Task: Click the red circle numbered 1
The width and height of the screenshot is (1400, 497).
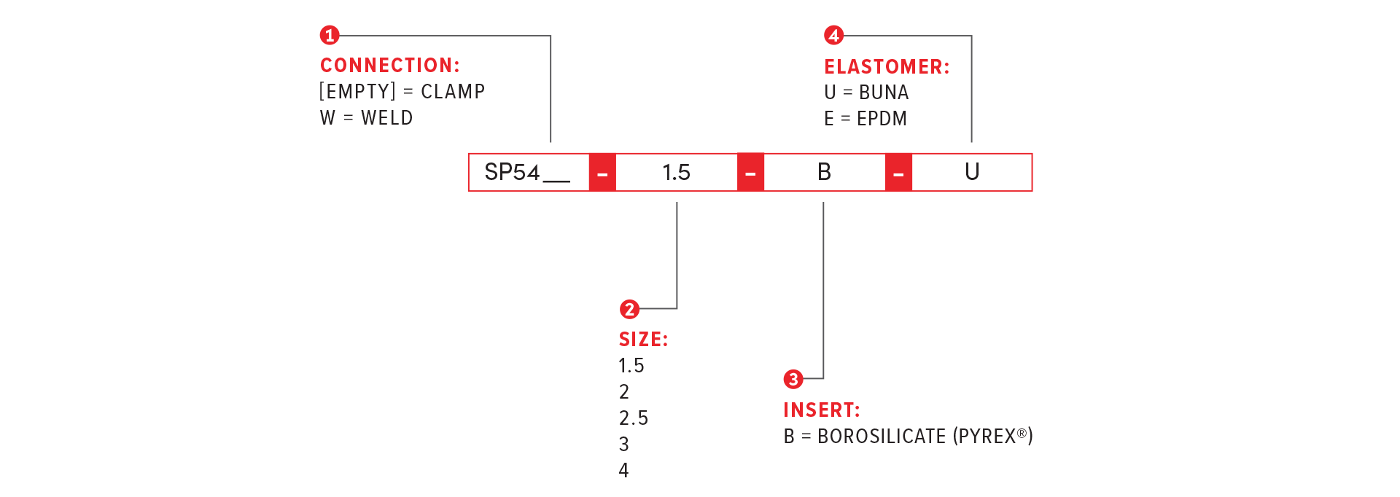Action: tap(330, 35)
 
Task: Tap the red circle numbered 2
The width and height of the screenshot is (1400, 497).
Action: tap(629, 309)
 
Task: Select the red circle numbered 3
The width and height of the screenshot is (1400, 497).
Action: tap(793, 379)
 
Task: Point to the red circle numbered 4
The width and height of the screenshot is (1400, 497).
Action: tap(833, 35)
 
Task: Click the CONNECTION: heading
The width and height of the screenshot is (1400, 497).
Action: tap(390, 66)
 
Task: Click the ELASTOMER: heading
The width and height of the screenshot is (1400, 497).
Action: tap(887, 67)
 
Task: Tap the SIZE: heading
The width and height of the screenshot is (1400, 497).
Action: tap(643, 340)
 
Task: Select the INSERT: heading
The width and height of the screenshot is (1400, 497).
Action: tap(821, 410)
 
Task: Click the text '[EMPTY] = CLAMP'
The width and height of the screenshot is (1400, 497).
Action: tap(402, 92)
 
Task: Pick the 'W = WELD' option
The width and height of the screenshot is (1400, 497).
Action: tap(366, 118)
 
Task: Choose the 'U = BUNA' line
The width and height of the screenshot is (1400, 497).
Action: tap(866, 93)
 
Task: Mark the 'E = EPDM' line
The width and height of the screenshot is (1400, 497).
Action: tap(866, 119)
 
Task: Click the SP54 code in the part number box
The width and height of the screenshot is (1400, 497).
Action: tap(513, 173)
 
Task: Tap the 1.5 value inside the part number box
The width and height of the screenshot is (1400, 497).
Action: tap(676, 173)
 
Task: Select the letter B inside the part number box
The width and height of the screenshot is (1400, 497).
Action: tap(824, 173)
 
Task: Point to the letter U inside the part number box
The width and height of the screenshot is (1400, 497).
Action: tap(971, 173)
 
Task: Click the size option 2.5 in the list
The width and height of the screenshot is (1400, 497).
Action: tap(633, 418)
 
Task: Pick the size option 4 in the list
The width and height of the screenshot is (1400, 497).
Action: tap(623, 471)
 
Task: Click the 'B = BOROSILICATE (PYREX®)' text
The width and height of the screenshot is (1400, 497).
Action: tap(908, 437)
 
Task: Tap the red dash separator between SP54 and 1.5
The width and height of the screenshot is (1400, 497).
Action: tap(602, 173)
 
